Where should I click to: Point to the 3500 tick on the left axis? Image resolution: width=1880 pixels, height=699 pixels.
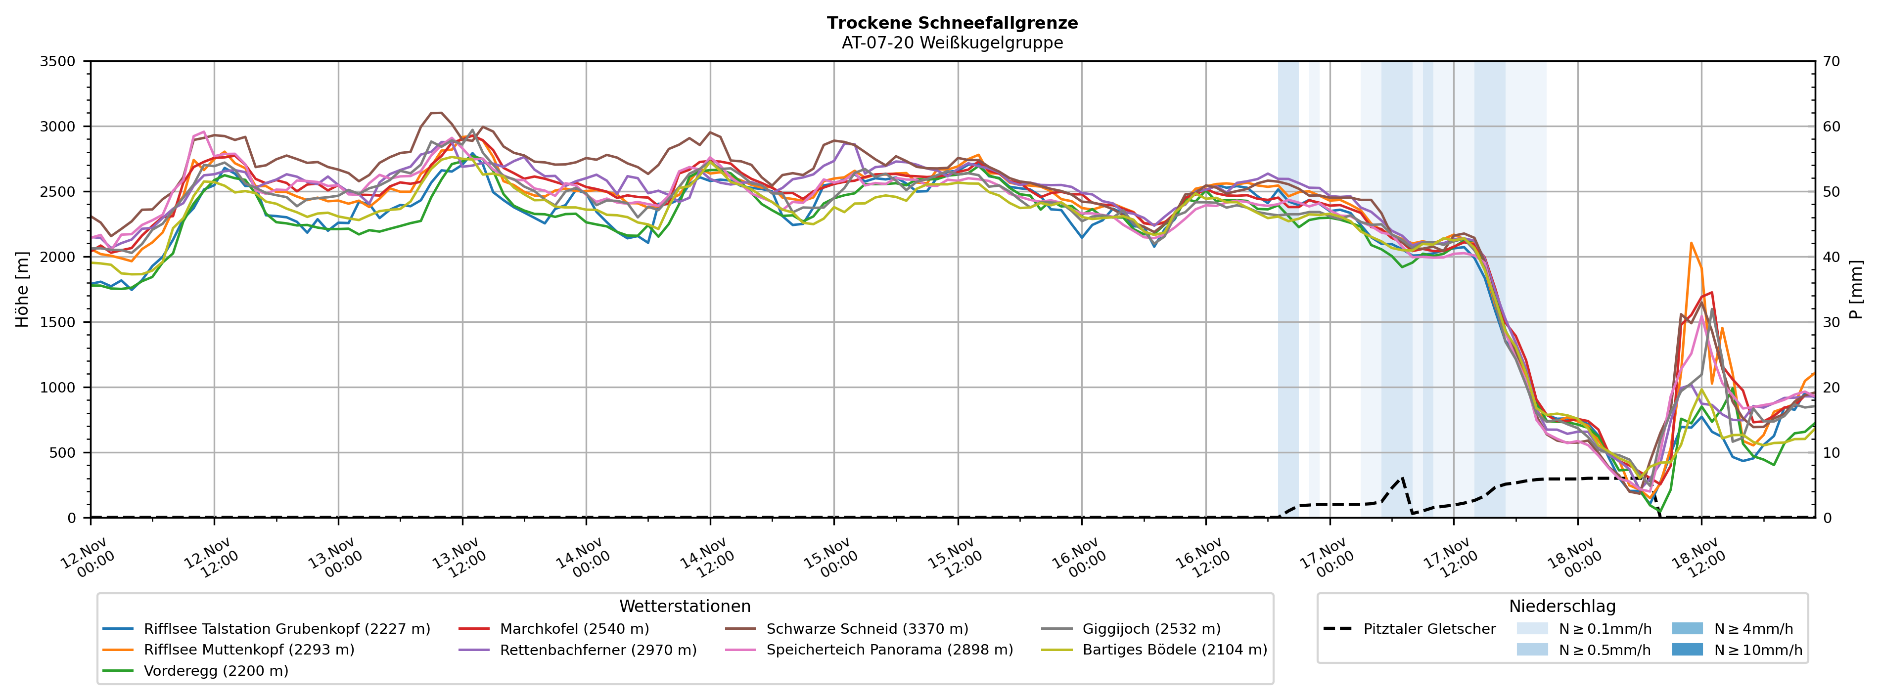coord(58,61)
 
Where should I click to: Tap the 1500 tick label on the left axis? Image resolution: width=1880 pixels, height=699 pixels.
coord(58,322)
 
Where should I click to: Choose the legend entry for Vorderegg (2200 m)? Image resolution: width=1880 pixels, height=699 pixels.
coord(215,670)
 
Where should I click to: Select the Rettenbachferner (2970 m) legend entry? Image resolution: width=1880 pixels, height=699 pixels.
coord(597,650)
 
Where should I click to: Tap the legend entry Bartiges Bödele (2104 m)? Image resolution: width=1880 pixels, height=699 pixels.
coord(1174,650)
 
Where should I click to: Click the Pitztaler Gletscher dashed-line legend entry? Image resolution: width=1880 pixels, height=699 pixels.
coord(1429,629)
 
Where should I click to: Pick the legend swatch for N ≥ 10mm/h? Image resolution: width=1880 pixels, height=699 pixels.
coord(1687,650)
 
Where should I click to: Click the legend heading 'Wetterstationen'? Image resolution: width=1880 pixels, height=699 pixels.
coord(685,607)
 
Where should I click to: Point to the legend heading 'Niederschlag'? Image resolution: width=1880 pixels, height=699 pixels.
coord(1562,607)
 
